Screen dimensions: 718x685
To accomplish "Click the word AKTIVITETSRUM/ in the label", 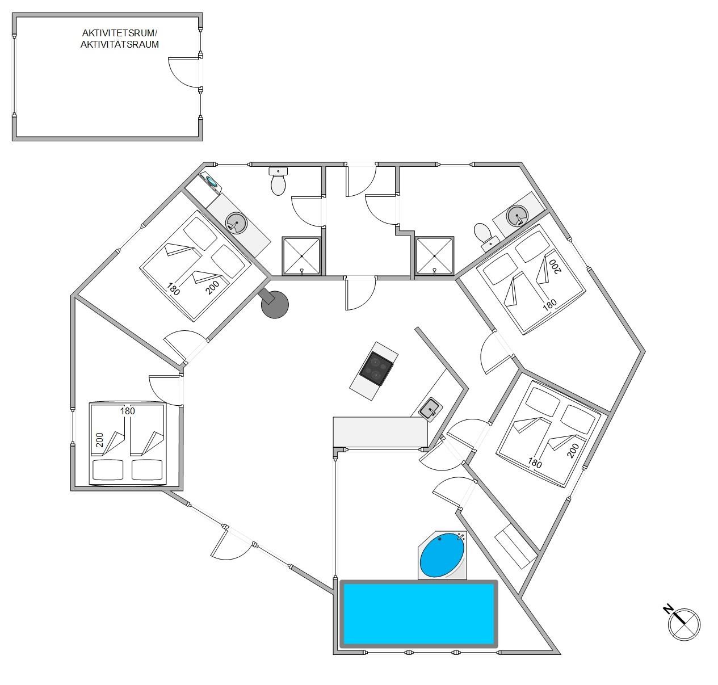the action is click(x=119, y=33).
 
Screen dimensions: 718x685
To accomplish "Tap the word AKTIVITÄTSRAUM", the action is click(x=119, y=44).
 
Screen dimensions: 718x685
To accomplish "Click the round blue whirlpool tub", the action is click(x=442, y=554).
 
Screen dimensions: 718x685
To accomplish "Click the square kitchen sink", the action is click(x=431, y=409).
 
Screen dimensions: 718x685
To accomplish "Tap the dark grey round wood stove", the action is click(x=275, y=304).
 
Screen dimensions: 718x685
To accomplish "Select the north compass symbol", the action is click(x=684, y=624).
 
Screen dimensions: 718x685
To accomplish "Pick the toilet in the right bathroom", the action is click(x=485, y=236).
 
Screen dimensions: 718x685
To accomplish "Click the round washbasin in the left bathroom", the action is click(x=236, y=222).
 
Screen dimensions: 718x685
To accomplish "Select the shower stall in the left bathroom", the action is click(x=301, y=255).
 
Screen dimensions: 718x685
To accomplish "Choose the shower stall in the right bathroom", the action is click(x=434, y=255).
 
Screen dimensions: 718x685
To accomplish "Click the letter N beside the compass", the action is click(x=668, y=609).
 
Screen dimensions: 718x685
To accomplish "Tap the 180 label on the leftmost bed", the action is click(x=128, y=411).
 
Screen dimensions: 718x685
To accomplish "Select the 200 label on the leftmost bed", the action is click(x=100, y=440).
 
